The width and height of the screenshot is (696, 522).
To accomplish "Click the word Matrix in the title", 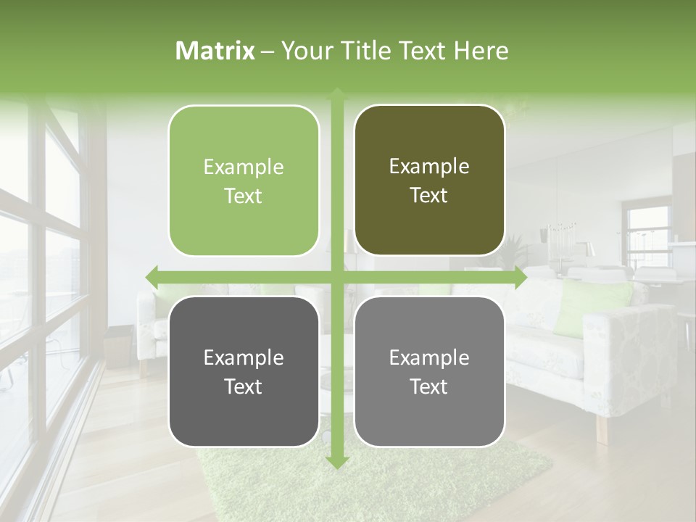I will coord(215,51).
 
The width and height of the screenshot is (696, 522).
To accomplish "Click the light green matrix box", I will coord(244,181).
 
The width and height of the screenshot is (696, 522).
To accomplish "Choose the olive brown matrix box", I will coord(429,181).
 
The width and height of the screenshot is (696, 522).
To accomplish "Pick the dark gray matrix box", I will coord(244,371).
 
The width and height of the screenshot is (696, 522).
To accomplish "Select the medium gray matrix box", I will coord(429,371).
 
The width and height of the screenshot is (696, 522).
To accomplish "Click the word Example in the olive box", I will coord(429,166).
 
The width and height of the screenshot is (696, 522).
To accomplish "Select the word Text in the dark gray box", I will coord(244,386).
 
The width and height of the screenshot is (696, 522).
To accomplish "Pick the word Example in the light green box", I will coord(244,167).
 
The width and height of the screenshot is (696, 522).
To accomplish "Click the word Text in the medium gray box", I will coord(429,386).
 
